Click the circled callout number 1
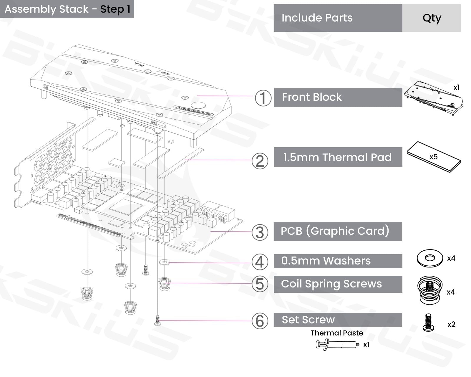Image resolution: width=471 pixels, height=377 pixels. tap(263, 98)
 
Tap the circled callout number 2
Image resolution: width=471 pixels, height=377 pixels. tap(260, 161)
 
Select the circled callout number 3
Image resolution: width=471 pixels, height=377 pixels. tap(260, 232)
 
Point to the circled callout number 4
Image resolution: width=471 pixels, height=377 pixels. tap(260, 262)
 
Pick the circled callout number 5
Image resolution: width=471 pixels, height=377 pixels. tap(260, 284)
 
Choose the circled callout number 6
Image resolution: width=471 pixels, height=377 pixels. tap(260, 321)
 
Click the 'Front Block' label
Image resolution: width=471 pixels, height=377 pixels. tap(312, 97)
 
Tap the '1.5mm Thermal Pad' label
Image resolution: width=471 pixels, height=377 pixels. tap(337, 157)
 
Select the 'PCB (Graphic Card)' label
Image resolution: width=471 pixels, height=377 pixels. tap(335, 231)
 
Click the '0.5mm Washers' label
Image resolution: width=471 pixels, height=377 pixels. tap(326, 261)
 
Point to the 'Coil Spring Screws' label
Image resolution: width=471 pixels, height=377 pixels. tap(331, 284)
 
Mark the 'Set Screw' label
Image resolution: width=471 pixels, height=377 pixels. tap(308, 320)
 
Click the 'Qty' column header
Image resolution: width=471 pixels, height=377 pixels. tap(432, 18)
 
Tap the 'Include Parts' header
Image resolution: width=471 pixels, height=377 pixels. tap(317, 18)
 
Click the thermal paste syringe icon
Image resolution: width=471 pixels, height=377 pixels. tap(337, 344)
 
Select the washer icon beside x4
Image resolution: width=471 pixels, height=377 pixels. tap(430, 258)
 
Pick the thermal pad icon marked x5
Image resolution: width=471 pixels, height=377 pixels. tap(433, 157)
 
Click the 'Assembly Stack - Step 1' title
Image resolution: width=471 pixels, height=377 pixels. tap(67, 9)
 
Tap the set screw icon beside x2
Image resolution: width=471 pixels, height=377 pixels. tap(428, 323)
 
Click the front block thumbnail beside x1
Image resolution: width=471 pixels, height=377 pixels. tap(433, 98)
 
